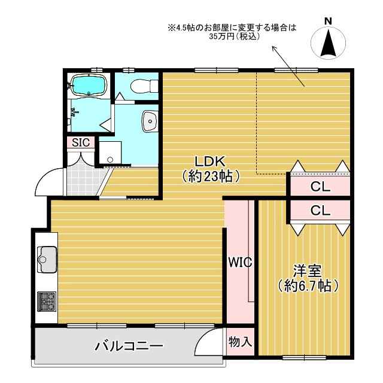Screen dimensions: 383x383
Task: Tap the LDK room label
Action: (209, 162)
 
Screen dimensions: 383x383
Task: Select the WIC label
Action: (239, 262)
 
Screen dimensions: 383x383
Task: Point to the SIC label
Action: (80, 142)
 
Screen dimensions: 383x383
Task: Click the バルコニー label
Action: (129, 346)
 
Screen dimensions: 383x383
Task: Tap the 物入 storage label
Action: (241, 342)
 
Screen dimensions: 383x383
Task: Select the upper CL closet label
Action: (320, 187)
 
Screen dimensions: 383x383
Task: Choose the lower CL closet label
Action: (320, 211)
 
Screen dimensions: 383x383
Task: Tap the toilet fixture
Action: (136, 86)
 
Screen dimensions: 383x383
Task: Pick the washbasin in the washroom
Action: (148, 121)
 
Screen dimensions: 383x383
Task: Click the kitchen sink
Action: (46, 259)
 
